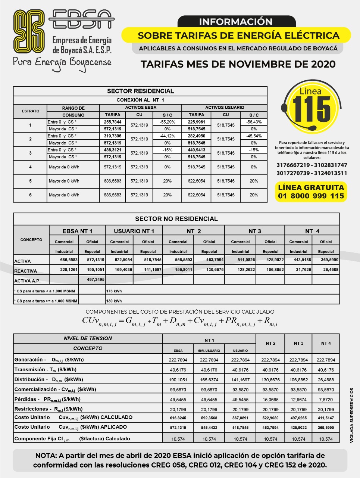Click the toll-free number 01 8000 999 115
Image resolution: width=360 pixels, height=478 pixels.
(x=311, y=196)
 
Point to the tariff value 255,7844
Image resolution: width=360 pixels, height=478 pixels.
(x=112, y=122)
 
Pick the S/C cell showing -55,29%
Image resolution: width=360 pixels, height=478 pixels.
(x=168, y=122)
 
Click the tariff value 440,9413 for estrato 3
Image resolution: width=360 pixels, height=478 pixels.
(x=196, y=150)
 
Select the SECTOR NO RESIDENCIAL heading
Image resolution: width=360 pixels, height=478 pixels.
(x=176, y=219)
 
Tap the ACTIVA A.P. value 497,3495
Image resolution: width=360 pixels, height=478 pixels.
(x=96, y=279)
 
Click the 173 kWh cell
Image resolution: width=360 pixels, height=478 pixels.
(x=114, y=291)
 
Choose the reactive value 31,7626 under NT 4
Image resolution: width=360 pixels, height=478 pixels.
(x=298, y=270)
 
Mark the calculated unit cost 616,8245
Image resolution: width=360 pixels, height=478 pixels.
(x=178, y=418)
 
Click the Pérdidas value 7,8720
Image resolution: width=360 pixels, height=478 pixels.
(x=326, y=400)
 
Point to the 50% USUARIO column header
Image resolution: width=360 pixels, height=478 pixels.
(x=209, y=351)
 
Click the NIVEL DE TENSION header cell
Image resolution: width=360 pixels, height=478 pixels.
(x=88, y=338)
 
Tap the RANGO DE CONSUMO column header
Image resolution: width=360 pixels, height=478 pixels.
(x=73, y=112)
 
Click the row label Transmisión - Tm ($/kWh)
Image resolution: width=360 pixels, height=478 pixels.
(x=46, y=369)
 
